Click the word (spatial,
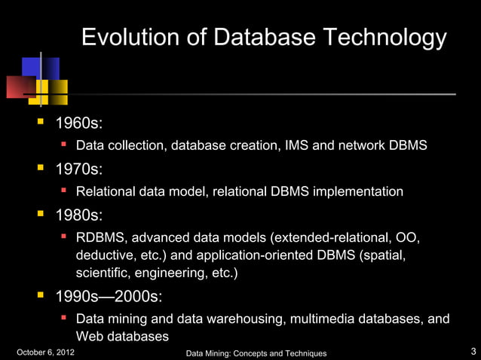coord(384,255)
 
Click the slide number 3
coord(473,352)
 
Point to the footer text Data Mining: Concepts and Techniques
coord(256,353)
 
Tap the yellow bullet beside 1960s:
coord(42,122)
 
